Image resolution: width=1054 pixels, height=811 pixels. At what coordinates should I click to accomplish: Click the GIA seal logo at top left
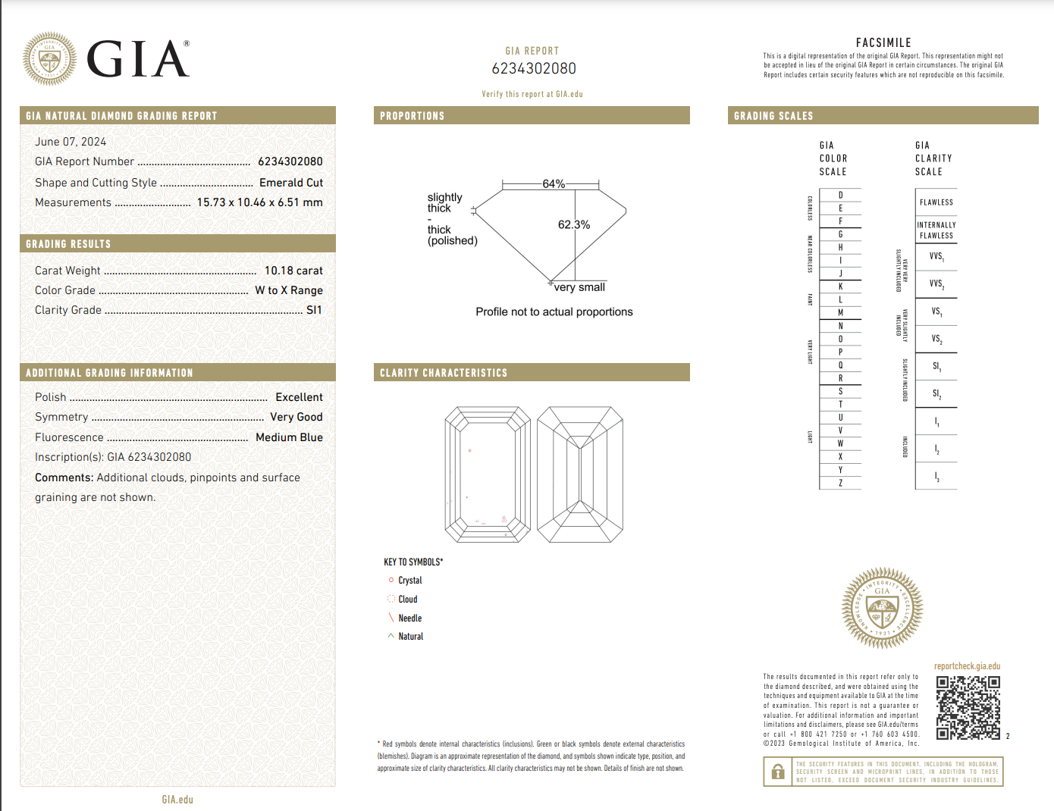pos(49,58)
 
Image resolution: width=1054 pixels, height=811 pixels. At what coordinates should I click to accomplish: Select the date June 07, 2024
pos(71,142)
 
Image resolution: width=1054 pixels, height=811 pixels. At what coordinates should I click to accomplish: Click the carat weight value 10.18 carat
pos(293,271)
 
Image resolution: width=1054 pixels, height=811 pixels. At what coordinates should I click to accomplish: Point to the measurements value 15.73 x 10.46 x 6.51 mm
pos(259,202)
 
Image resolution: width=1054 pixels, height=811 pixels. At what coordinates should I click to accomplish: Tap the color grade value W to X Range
pos(289,290)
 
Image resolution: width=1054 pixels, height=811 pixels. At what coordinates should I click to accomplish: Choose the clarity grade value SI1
pos(314,310)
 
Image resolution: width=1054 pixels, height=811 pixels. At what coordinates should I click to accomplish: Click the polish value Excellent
pos(299,397)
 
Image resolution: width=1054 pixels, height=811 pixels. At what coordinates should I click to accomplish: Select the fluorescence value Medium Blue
pos(289,437)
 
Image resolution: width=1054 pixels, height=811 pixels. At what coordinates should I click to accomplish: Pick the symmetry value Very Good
pos(296,417)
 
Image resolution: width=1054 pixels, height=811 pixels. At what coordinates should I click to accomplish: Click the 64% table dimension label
pos(554,184)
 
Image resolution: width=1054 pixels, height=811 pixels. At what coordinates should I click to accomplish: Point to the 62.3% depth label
pos(574,225)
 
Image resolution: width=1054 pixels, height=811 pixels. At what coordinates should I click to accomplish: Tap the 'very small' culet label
pos(579,287)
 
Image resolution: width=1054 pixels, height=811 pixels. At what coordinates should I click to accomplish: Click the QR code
pos(968,707)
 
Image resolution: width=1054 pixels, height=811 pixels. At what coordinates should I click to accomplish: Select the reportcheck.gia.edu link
pos(967,666)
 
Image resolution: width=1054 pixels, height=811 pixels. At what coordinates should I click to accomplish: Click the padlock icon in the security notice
pos(778,772)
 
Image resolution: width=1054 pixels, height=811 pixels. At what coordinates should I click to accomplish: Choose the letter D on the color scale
pos(840,196)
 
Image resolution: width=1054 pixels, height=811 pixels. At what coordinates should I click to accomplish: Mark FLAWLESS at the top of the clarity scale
pos(936,202)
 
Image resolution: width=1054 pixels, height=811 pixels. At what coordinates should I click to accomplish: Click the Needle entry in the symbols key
pos(409,618)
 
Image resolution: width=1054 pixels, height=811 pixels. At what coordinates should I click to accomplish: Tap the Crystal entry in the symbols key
pos(409,581)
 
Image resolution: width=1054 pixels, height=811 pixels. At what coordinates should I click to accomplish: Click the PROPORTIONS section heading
pos(413,116)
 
